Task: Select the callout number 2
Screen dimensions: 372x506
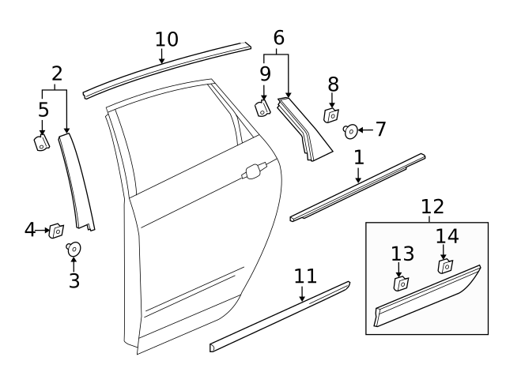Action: coord(56,74)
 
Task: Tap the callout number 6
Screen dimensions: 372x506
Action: coord(278,37)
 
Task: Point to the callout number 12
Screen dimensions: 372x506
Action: coord(432,207)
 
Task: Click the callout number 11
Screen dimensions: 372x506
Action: coord(305,276)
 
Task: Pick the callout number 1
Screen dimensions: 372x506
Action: coord(358,157)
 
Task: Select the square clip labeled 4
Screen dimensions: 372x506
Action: coord(57,231)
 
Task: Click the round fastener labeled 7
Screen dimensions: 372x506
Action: coord(350,130)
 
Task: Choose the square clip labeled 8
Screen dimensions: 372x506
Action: coord(332,115)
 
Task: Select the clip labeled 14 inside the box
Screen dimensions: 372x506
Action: coord(445,265)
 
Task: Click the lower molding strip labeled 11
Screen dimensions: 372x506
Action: coord(281,314)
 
